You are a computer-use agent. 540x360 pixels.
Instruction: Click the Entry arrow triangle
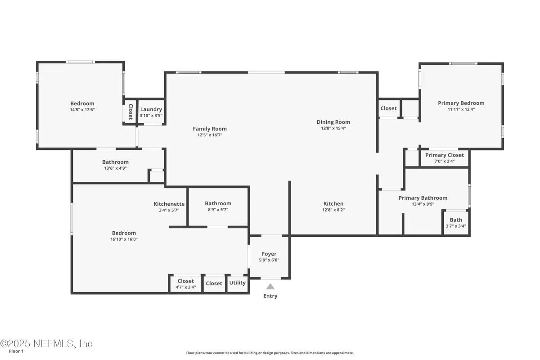[270, 286]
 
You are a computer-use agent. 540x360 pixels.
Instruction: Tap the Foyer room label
[269, 254]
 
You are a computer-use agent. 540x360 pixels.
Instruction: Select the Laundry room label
[151, 109]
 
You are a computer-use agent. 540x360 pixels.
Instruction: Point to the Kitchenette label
[169, 204]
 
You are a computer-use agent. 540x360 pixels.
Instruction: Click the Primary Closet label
[445, 155]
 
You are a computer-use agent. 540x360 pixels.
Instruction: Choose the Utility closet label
[238, 283]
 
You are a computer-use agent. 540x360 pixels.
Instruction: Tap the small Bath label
[456, 220]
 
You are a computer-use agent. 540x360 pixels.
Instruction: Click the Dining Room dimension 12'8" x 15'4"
[333, 128]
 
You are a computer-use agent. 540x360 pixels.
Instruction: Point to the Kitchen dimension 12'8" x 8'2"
[333, 210]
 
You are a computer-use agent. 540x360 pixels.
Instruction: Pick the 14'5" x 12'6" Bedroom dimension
[82, 109]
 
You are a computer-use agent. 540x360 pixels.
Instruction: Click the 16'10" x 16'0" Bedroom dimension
[124, 239]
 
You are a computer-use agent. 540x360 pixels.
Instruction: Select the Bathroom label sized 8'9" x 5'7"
[218, 203]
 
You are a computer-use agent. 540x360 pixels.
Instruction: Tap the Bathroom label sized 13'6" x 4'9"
[116, 162]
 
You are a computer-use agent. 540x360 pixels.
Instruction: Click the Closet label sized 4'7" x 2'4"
[186, 281]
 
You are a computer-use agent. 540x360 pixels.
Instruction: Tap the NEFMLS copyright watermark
[46, 344]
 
